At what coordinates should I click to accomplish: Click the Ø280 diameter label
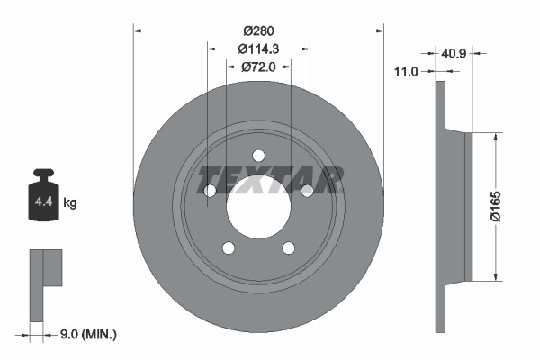click(x=259, y=17)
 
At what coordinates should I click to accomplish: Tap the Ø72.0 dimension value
click(x=259, y=67)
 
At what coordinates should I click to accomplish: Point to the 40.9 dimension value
click(x=453, y=53)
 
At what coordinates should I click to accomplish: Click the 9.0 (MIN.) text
click(x=86, y=335)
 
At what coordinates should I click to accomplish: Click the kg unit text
click(x=70, y=203)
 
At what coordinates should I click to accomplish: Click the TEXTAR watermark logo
click(x=270, y=179)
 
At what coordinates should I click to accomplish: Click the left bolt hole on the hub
click(x=211, y=190)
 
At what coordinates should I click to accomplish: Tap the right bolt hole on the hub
click(x=307, y=190)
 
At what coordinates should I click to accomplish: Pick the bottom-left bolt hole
click(x=229, y=247)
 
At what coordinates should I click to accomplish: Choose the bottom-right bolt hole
click(x=289, y=247)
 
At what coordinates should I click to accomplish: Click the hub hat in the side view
click(x=457, y=206)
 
